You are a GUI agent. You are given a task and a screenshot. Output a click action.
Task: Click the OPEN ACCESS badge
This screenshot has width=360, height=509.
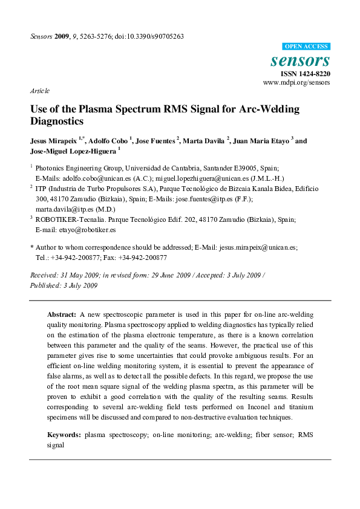pyautogui.click(x=306, y=47)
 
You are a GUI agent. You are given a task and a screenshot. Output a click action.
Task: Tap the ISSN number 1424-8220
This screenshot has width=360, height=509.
pyautogui.click(x=315, y=73)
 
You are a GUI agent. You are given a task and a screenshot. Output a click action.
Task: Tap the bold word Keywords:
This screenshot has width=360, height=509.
pyautogui.click(x=64, y=435)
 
